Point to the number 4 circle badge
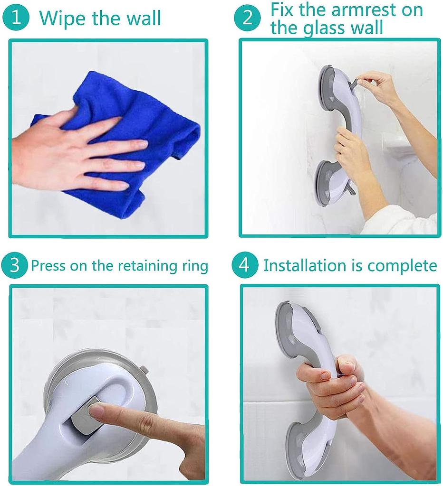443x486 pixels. (x=243, y=265)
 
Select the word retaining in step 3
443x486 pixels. (x=148, y=266)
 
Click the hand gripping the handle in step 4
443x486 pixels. (x=328, y=384)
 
